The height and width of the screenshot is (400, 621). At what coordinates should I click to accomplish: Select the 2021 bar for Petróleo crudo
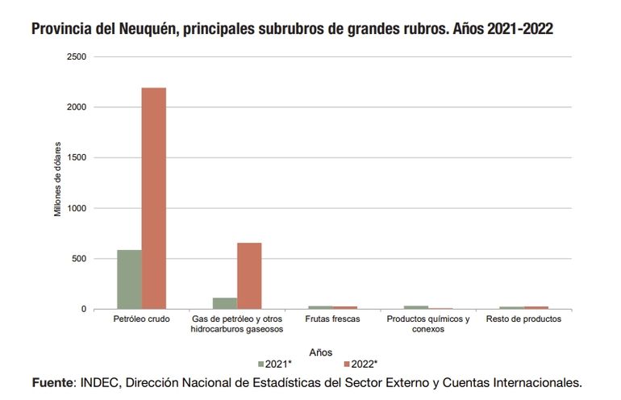(x=129, y=280)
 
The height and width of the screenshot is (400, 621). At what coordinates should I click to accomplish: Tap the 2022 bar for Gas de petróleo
(x=249, y=276)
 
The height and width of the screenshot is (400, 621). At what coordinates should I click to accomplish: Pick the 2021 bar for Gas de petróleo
(x=225, y=303)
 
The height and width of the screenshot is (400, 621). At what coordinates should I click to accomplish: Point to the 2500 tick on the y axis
(x=77, y=56)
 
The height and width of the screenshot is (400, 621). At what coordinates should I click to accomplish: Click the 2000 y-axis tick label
(x=77, y=107)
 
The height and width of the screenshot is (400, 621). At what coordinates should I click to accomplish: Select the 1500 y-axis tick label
(x=77, y=157)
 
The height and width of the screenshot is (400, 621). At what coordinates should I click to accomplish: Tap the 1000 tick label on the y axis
(x=77, y=208)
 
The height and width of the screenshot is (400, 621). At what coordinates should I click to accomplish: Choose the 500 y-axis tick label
(x=79, y=259)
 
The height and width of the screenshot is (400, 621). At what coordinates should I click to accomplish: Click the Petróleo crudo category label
(x=141, y=319)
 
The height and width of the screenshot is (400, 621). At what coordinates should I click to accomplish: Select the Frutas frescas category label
(x=332, y=319)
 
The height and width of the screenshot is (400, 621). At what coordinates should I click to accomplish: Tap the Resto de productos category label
(x=523, y=319)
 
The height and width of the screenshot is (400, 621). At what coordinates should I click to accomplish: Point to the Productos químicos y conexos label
(x=427, y=324)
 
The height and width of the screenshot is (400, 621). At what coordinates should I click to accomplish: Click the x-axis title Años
(x=320, y=352)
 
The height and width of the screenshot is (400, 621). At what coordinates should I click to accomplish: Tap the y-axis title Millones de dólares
(x=58, y=183)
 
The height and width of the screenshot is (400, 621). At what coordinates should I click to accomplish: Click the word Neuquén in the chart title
(x=140, y=30)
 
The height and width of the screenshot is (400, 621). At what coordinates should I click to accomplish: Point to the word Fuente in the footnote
(x=52, y=381)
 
